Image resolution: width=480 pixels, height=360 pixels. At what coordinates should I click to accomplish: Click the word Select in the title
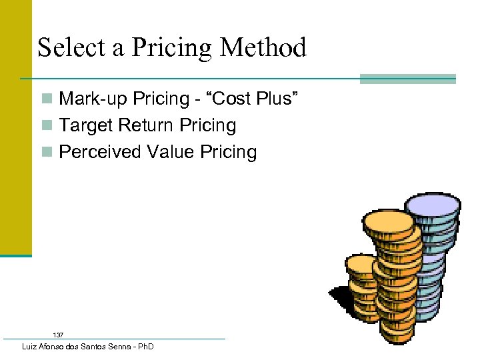coord(65,48)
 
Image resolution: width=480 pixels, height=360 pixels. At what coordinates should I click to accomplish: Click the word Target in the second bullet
coord(81,126)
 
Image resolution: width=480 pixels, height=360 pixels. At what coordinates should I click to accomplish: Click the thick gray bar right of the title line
coord(407,79)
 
